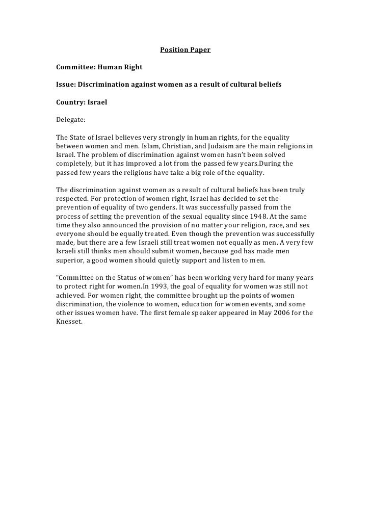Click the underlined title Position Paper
[x=185, y=50]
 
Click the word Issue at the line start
[x=65, y=84]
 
